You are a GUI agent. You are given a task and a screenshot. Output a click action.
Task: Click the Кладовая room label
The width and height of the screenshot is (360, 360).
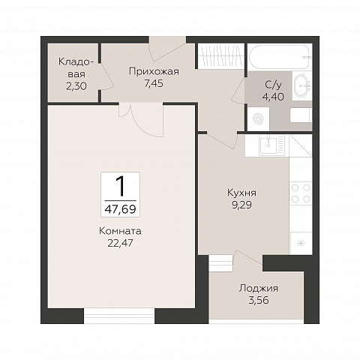coord(74,67)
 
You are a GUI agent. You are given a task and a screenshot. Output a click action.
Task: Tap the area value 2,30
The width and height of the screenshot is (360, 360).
coord(76,86)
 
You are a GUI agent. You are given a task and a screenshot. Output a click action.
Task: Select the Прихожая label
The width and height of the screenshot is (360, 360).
coord(154,72)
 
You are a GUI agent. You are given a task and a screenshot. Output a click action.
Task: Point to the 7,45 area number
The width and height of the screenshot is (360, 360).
coord(154,83)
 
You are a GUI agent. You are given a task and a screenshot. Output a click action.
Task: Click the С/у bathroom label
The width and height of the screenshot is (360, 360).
coord(273,85)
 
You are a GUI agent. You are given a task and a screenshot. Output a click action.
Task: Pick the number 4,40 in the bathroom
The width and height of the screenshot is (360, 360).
coord(273,96)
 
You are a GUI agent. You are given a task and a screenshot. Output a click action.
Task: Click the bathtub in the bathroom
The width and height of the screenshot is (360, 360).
coord(280,57)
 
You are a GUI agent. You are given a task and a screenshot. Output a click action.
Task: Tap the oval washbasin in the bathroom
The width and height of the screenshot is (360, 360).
coord(302,85)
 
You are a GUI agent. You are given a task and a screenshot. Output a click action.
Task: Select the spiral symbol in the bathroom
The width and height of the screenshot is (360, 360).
coord(258,119)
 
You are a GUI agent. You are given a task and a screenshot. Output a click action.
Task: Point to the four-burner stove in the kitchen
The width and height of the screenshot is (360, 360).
coord(301,193)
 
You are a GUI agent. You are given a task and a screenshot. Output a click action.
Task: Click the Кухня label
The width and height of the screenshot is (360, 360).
coord(241,193)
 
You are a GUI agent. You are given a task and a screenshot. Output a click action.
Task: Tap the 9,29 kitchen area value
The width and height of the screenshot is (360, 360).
coord(241,205)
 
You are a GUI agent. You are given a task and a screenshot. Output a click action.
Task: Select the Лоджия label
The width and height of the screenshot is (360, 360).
coord(259,289)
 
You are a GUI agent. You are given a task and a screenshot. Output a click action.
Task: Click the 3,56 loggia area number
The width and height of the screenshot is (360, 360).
coord(259,300)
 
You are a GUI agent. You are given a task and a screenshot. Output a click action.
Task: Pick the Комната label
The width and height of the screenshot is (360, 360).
coord(120,231)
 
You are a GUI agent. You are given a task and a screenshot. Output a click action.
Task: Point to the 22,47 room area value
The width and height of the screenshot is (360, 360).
coord(120,242)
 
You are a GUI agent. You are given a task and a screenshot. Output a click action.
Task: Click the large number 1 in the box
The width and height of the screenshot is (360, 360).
coord(120,186)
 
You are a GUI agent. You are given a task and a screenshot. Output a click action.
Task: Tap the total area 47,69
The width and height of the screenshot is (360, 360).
coord(120,209)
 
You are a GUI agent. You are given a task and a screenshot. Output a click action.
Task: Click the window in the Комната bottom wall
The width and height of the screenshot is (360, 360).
coord(119,316)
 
